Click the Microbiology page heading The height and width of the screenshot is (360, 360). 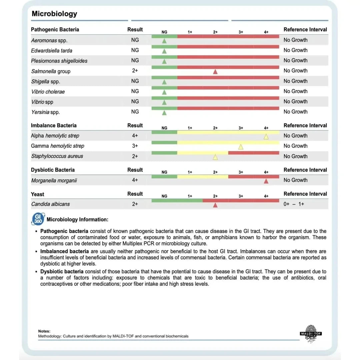click(54, 14)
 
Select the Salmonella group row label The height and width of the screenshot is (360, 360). click(51, 71)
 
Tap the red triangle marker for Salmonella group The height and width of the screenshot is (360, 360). click(215, 71)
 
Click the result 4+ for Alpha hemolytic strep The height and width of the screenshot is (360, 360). click(135, 136)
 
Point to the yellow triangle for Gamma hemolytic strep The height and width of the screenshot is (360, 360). click(241, 147)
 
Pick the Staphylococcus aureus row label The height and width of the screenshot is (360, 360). click(57, 156)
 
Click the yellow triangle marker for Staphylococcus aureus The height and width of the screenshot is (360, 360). click(215, 157)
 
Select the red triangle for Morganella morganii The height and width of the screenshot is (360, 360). click(266, 181)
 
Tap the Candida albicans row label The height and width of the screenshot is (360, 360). click(50, 204)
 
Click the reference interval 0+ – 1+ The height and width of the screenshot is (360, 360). click(294, 204)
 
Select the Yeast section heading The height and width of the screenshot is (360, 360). click(37, 194)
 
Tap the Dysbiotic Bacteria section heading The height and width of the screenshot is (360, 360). click(53, 170)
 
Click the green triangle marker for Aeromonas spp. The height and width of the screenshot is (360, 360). click(164, 41)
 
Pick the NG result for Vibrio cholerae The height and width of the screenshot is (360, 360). click(135, 91)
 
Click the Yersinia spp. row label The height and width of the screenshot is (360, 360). click(45, 112)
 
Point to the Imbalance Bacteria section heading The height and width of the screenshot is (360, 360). click(54, 126)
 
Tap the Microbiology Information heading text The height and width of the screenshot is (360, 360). click(77, 220)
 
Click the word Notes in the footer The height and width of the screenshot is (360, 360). click(44, 331)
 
